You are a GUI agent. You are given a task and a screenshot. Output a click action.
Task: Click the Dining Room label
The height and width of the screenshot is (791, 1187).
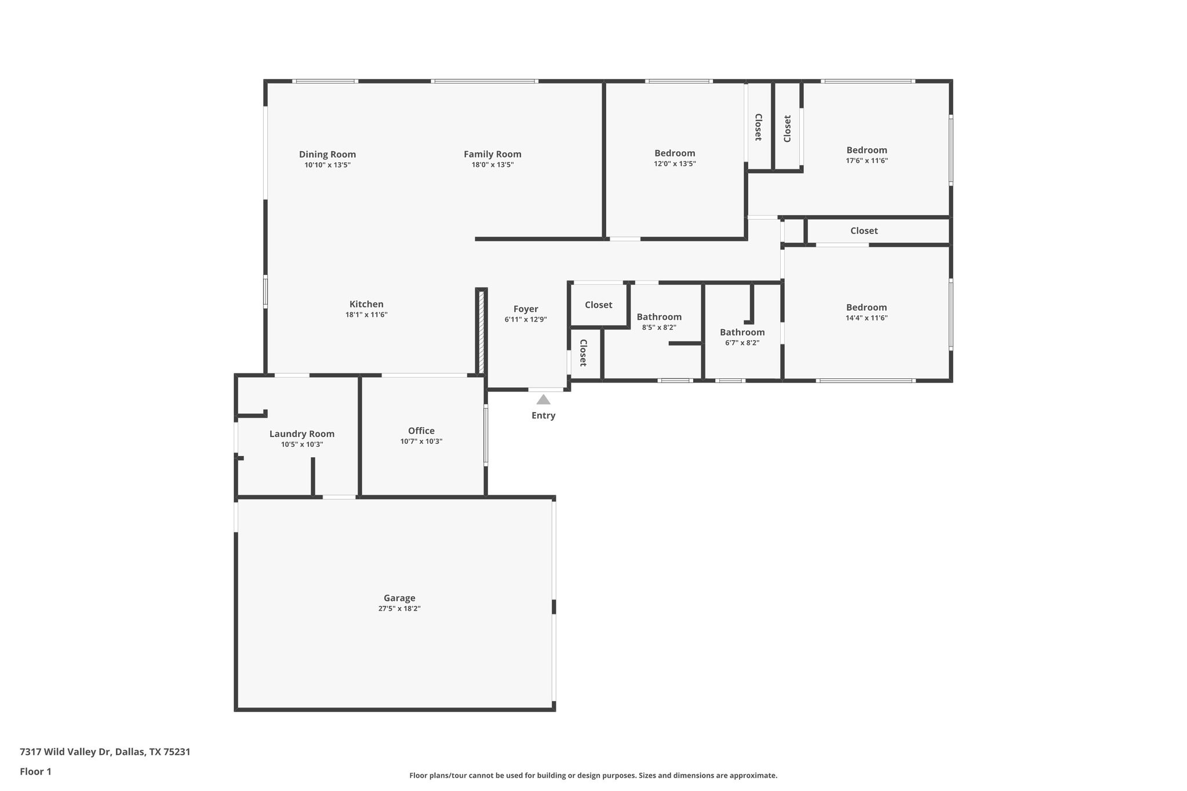327,154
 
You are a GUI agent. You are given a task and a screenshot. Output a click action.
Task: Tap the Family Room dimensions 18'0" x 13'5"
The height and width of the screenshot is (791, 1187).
492,165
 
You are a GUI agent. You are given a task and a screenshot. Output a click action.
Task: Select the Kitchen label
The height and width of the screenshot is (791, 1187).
366,304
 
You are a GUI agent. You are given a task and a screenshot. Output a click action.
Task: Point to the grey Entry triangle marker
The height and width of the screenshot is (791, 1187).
543,400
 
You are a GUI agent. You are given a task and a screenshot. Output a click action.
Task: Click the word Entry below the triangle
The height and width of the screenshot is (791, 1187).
543,415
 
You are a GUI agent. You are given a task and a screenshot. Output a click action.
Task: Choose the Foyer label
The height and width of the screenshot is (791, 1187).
526,309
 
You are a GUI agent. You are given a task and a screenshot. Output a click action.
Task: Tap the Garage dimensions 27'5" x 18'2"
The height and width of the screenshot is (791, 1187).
399,608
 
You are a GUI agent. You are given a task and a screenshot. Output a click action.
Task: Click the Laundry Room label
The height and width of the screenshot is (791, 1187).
302,434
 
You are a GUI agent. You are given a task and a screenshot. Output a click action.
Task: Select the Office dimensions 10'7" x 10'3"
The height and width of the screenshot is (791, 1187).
421,441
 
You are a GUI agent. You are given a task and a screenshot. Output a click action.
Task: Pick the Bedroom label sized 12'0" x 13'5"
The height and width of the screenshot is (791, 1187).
675,153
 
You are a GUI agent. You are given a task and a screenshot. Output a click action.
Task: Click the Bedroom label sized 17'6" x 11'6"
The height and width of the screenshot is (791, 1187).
866,150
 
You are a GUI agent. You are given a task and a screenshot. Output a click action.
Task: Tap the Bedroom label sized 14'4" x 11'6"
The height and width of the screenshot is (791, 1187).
866,307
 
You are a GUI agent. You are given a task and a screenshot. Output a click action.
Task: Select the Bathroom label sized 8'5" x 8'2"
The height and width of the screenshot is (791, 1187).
659,317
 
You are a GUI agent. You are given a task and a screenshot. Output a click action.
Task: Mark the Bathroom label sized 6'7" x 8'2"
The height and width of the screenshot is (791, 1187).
742,332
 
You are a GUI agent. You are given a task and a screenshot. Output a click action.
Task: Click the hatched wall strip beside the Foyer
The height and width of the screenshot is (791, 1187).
481,332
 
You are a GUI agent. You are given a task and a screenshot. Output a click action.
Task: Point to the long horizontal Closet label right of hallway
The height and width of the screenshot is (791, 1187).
864,231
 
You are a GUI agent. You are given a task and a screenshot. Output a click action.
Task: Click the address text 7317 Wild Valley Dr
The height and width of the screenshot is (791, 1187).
105,752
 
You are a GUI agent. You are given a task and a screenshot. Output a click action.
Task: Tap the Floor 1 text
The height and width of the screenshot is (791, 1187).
35,771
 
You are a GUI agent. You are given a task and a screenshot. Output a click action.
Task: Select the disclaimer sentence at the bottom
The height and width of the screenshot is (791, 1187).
593,775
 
